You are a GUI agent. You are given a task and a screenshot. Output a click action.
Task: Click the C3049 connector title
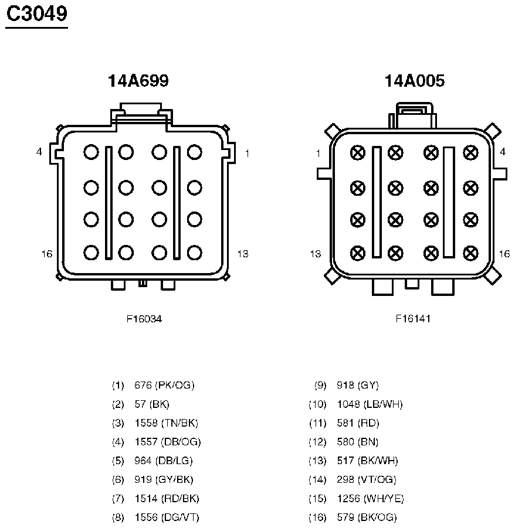[x=37, y=14]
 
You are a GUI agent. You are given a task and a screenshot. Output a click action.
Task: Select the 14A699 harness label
[x=138, y=81]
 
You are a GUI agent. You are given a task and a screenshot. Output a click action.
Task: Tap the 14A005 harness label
[x=415, y=81]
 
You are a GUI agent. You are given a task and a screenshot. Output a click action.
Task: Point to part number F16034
[x=144, y=319]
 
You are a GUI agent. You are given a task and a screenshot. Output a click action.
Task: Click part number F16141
[x=413, y=319]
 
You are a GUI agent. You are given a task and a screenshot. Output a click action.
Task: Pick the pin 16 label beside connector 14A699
[x=47, y=254]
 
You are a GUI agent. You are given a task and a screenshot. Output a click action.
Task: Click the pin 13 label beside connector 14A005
[x=316, y=254]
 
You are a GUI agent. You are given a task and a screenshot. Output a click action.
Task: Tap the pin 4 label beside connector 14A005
[x=503, y=152]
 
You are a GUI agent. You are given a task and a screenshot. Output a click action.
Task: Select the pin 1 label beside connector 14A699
[x=248, y=154]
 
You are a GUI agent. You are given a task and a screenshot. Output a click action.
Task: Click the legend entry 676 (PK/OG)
[x=164, y=385]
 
